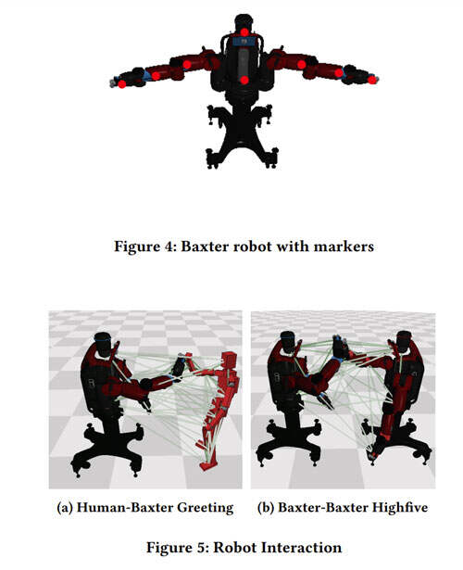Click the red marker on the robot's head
pyautogui.click(x=244, y=32)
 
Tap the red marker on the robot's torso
pyautogui.click(x=244, y=80)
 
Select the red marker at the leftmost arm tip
pyautogui.click(x=122, y=84)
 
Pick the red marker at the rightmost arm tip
pyautogui.click(x=372, y=80)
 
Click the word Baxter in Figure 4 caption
pyautogui.click(x=205, y=247)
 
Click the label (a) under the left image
pyautogui.click(x=65, y=508)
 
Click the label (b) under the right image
pyautogui.click(x=266, y=508)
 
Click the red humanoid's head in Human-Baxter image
pyautogui.click(x=228, y=361)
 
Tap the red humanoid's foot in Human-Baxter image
pyautogui.click(x=209, y=465)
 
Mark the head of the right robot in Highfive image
pyautogui.click(x=403, y=341)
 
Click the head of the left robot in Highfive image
pyautogui.click(x=288, y=342)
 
